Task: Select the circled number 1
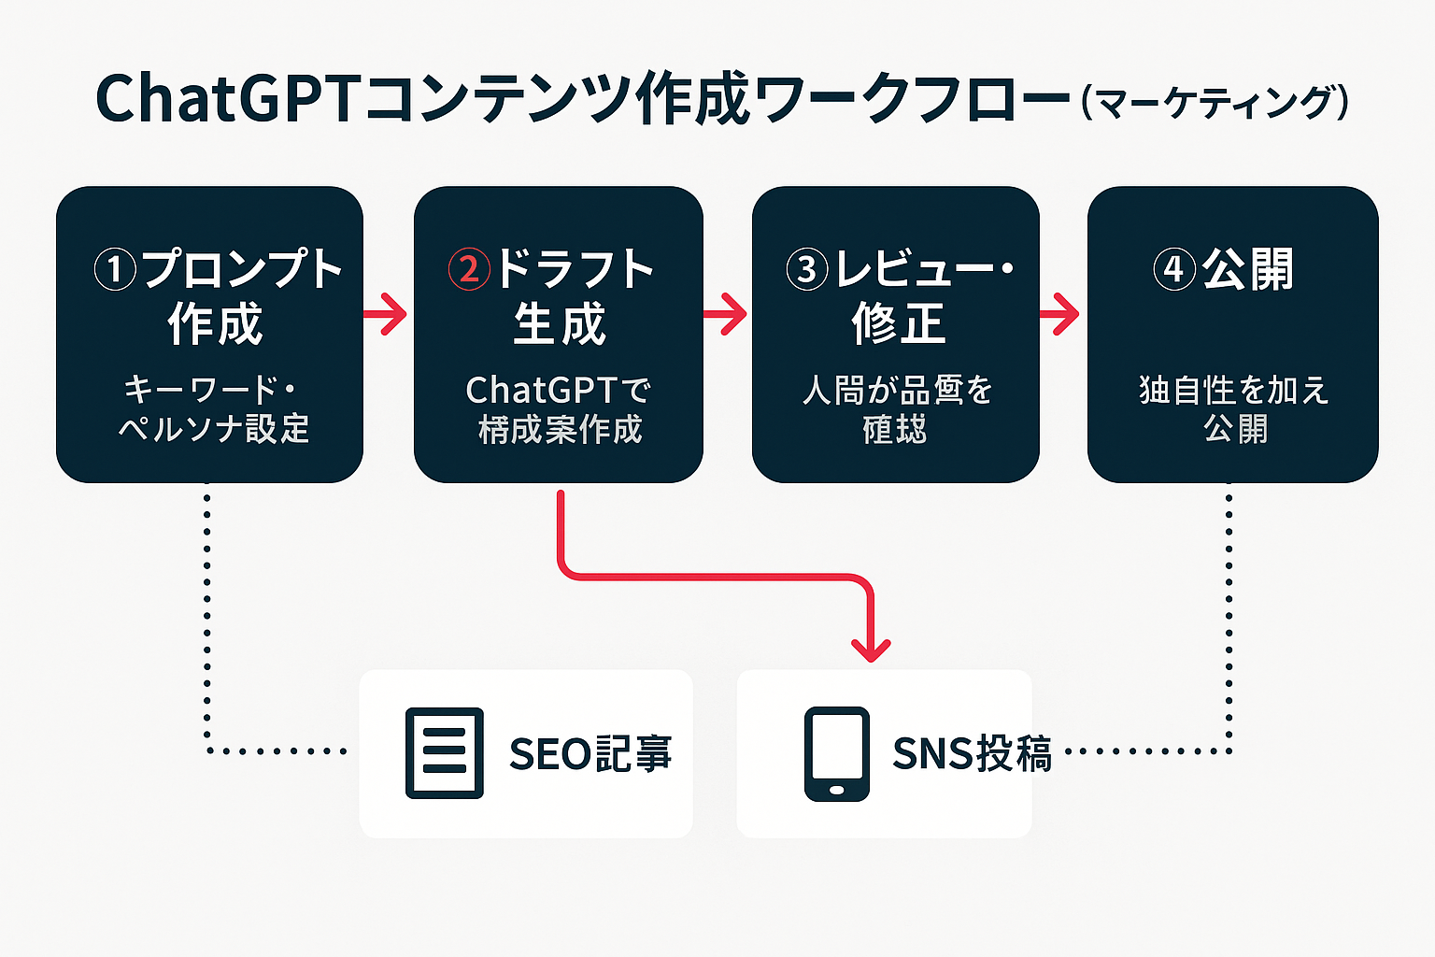coord(115,270)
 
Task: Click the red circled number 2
coord(469,270)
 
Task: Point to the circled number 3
coord(807,270)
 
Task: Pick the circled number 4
coord(1173,270)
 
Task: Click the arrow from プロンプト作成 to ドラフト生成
coord(387,314)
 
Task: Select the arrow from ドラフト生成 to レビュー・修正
coord(727,314)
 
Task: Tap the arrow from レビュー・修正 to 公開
coord(1061,314)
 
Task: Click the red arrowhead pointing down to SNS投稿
coord(871,649)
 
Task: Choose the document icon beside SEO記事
coord(445,753)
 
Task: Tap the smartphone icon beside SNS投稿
coord(837,753)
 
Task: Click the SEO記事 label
coord(590,753)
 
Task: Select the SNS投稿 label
coord(972,753)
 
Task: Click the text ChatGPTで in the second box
coord(559,390)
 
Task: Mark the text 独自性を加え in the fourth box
coord(1233,390)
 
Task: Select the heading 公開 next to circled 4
coord(1247,269)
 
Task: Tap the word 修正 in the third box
coord(898,324)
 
